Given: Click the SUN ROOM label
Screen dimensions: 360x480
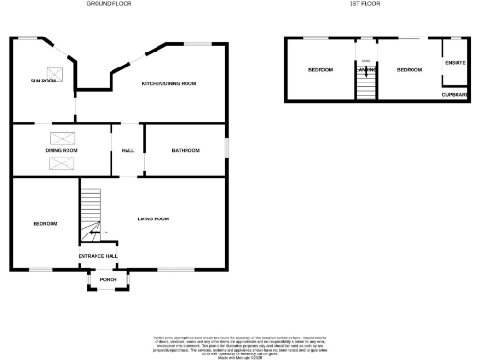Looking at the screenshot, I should point(43,82).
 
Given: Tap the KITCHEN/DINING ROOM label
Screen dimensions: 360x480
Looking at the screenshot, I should point(169,83).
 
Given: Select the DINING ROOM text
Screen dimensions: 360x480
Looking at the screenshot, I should point(62,150).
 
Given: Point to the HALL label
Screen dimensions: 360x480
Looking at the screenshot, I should point(127,150).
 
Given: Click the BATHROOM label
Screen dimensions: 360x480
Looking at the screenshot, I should point(185,150).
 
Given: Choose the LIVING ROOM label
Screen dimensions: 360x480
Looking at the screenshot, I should point(153,218).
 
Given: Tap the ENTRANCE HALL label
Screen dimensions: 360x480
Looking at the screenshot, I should point(97,255).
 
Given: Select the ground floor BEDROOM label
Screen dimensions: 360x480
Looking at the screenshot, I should point(45,223).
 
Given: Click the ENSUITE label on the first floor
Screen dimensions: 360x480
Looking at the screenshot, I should point(456,64).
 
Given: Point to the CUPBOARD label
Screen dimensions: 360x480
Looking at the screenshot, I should point(456,94).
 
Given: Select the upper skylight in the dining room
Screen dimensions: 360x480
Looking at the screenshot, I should point(63,138).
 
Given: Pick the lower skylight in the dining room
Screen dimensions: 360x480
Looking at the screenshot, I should point(63,164).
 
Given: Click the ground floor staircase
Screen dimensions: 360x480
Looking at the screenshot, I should point(89,214).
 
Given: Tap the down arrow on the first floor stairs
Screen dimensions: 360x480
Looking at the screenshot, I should point(365,66).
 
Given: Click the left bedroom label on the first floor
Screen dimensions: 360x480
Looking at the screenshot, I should point(321,70).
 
